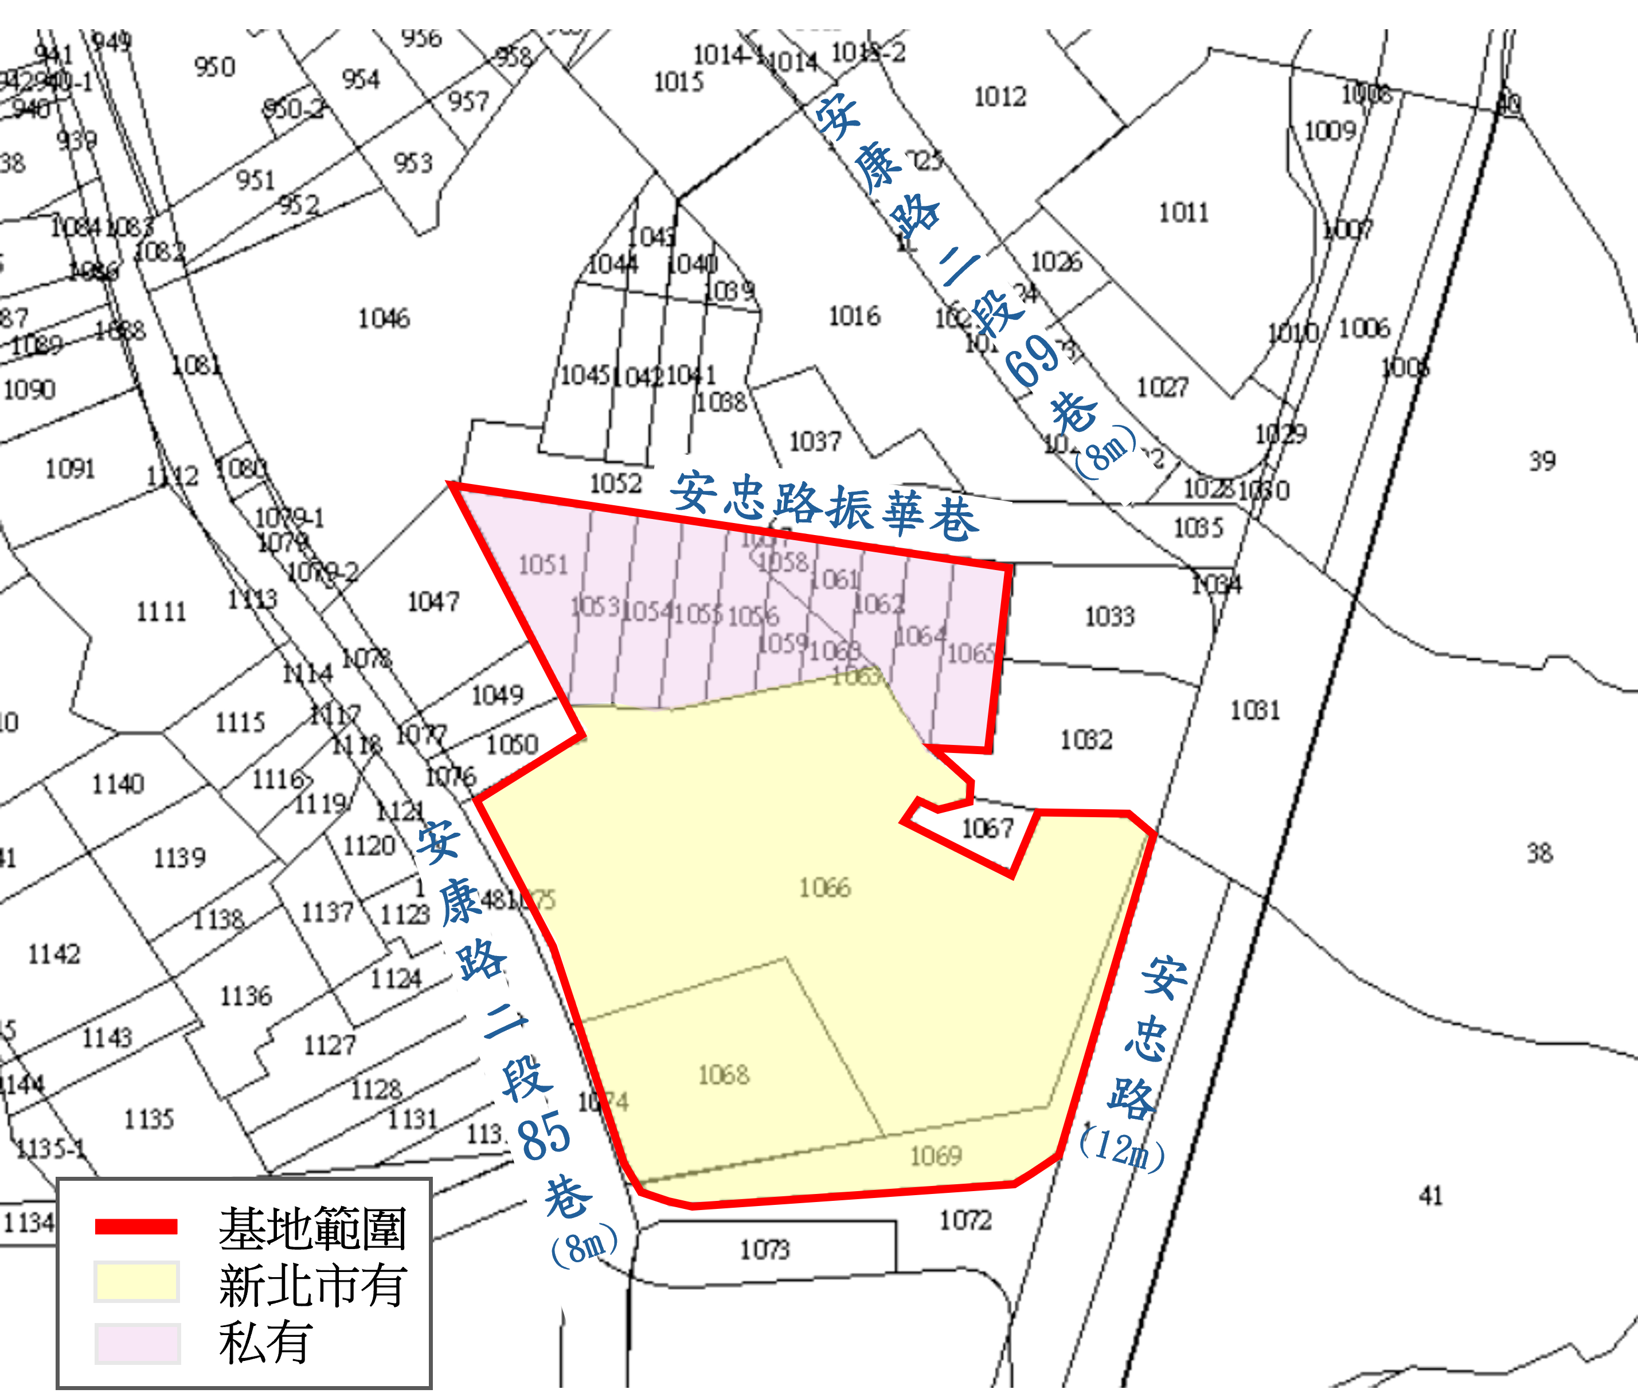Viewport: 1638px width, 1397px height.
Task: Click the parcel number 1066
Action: point(824,888)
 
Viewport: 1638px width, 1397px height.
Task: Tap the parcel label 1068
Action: point(724,1075)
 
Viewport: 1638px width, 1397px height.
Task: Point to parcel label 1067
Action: point(987,829)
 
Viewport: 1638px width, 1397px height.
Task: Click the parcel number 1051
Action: point(543,564)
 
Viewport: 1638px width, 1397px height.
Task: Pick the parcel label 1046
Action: point(384,319)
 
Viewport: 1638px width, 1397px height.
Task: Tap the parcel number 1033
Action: point(1109,616)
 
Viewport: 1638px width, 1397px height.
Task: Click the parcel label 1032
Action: point(1086,740)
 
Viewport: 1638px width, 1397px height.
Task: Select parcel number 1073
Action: point(764,1250)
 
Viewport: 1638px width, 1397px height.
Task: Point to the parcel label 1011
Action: point(1183,213)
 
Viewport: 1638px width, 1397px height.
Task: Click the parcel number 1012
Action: point(1000,97)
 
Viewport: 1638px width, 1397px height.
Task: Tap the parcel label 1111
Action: point(161,612)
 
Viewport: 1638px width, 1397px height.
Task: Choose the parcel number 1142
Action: point(54,954)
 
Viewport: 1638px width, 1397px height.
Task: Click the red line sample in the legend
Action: point(136,1226)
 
